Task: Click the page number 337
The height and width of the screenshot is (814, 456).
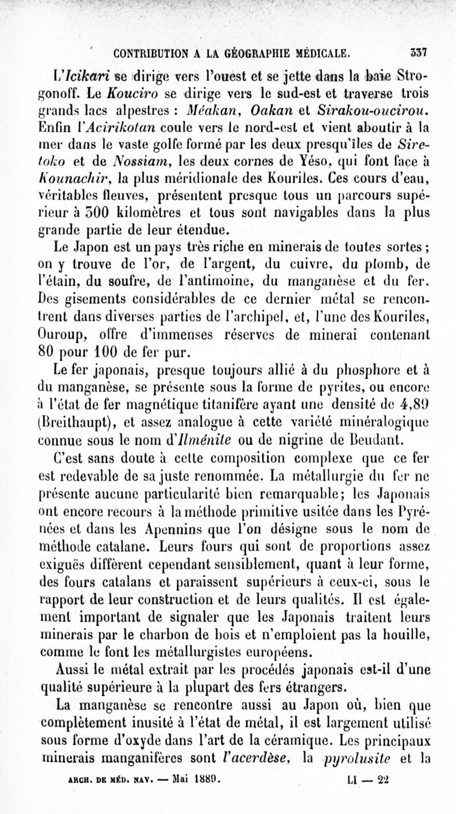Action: click(420, 54)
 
